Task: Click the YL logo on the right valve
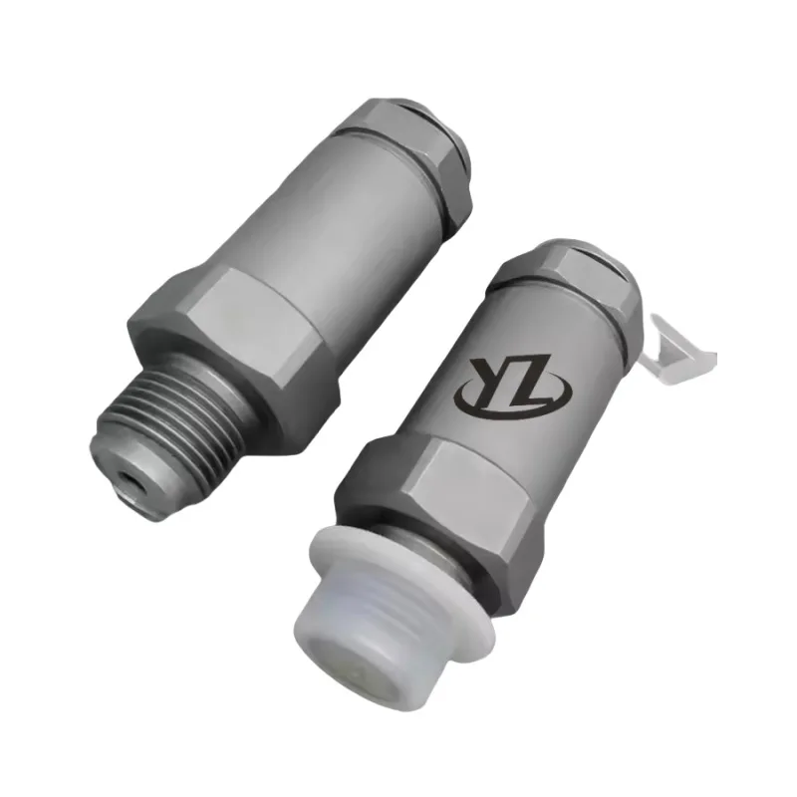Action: (x=513, y=383)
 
